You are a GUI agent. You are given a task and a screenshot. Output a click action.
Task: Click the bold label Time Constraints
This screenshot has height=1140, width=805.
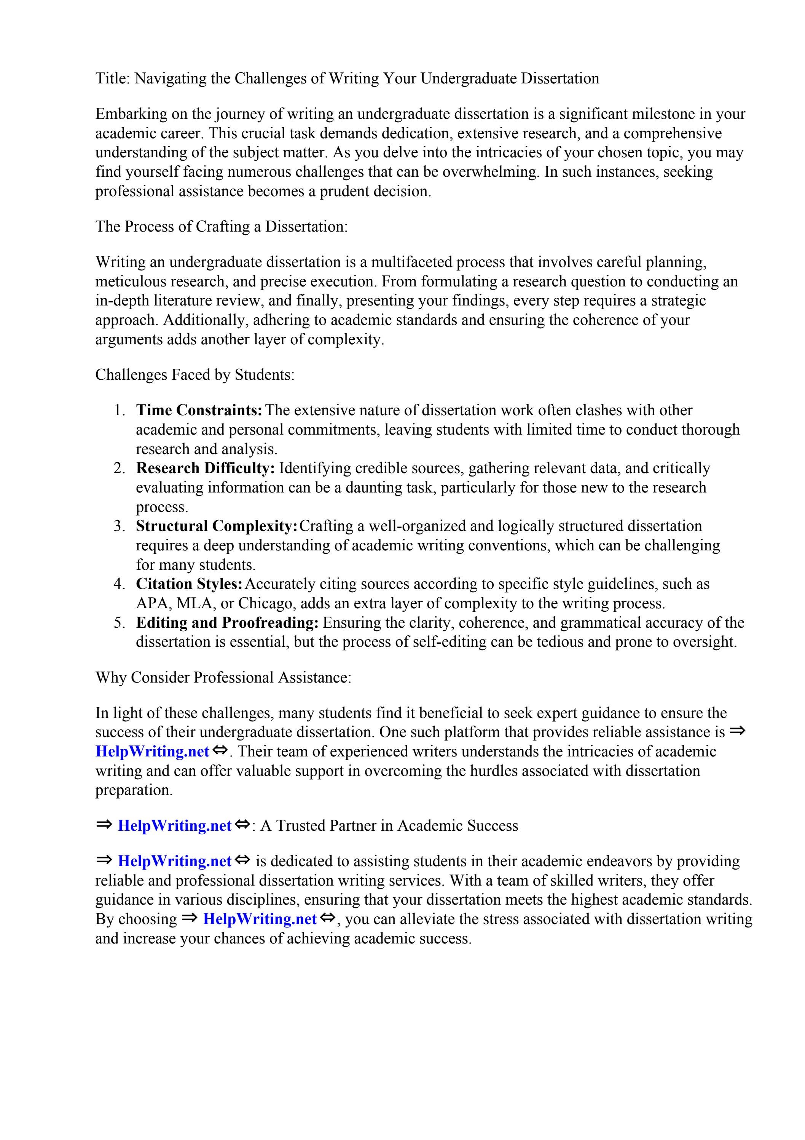[199, 410]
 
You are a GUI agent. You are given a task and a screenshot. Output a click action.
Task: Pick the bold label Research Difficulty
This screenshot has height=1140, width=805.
[205, 468]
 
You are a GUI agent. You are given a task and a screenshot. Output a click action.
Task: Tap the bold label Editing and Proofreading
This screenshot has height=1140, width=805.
[227, 623]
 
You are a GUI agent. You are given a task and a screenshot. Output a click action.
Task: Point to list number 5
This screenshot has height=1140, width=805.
[119, 623]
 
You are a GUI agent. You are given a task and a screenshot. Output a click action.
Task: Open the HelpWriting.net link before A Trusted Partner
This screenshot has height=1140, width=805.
[174, 826]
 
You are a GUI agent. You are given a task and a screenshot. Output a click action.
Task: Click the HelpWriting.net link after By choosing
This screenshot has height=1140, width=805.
[260, 919]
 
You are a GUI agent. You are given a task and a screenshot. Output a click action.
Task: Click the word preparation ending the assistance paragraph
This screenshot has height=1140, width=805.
[134, 790]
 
